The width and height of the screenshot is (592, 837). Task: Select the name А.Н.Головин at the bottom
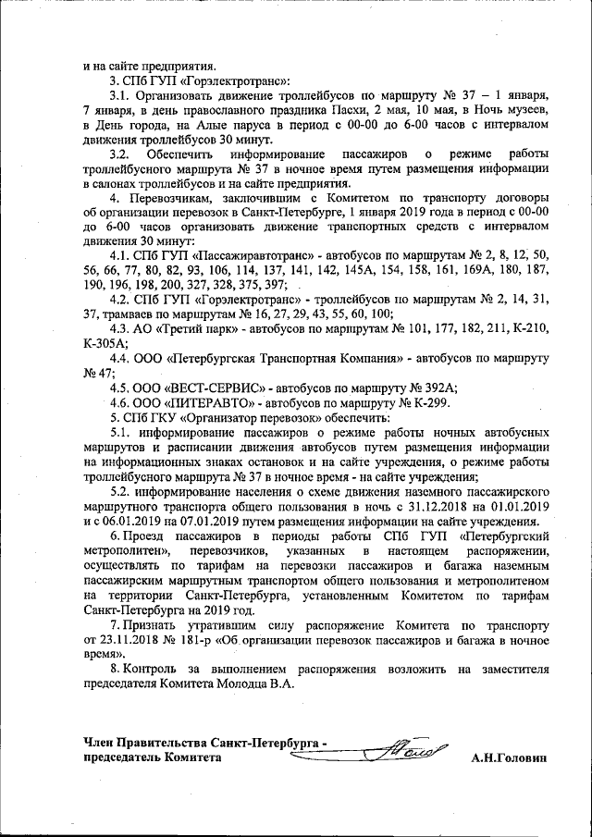pyautogui.click(x=508, y=757)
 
